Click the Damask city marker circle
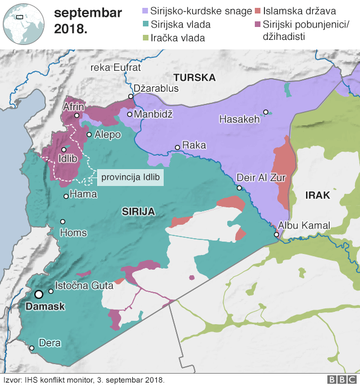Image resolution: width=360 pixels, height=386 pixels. pyautogui.click(x=38, y=294)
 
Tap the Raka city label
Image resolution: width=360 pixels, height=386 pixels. pyautogui.click(x=194, y=145)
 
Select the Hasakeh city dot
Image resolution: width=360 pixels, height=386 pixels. pyautogui.click(x=265, y=112)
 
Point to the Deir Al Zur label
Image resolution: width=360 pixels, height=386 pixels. pyautogui.click(x=262, y=178)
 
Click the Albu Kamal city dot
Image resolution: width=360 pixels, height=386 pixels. pyautogui.click(x=276, y=234)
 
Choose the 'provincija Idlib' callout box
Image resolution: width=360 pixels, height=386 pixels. pyautogui.click(x=130, y=178)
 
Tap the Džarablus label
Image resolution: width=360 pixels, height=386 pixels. pyautogui.click(x=156, y=88)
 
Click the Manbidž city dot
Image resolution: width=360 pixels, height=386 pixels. pyautogui.click(x=129, y=115)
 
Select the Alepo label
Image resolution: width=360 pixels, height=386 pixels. pyautogui.click(x=107, y=134)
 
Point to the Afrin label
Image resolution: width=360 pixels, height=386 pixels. pyautogui.click(x=74, y=106)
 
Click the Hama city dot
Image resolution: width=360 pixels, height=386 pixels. pyautogui.click(x=66, y=196)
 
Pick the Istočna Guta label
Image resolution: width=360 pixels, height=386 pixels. pyautogui.click(x=84, y=285)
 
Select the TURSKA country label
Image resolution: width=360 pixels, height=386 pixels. pyautogui.click(x=195, y=77)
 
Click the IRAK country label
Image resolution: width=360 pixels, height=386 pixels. pyautogui.click(x=317, y=195)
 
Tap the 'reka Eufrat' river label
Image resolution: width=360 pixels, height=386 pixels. pyautogui.click(x=116, y=67)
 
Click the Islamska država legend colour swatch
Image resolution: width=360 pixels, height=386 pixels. pyautogui.click(x=258, y=11)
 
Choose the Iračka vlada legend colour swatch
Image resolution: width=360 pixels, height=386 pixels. pyautogui.click(x=145, y=38)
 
